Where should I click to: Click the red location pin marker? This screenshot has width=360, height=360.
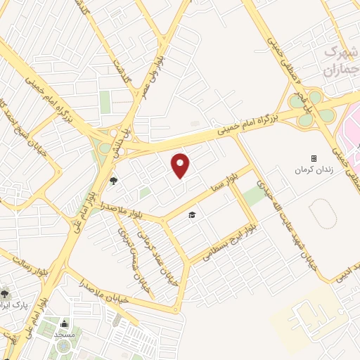tap(181, 165)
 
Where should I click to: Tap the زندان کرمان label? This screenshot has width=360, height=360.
tap(314, 171)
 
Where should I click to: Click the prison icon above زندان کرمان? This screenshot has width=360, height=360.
tap(314, 159)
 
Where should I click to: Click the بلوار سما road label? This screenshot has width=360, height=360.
tap(229, 184)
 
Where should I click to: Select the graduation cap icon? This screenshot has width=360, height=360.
tap(191, 214)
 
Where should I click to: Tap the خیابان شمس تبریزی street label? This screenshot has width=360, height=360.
tap(127, 253)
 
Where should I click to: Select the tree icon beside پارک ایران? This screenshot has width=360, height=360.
tap(5, 292)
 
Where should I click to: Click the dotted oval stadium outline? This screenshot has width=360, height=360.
tap(323, 214)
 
